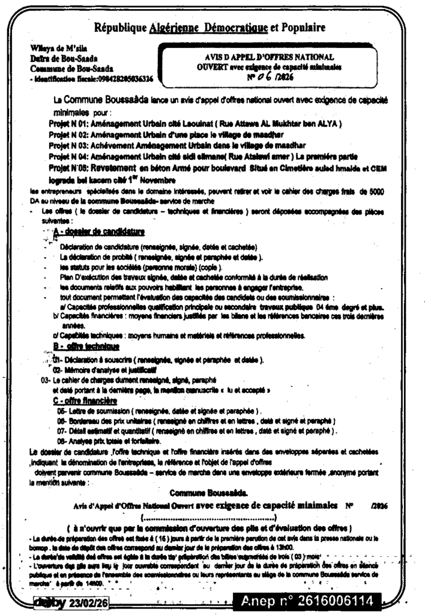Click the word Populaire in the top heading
pos(298,27)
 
